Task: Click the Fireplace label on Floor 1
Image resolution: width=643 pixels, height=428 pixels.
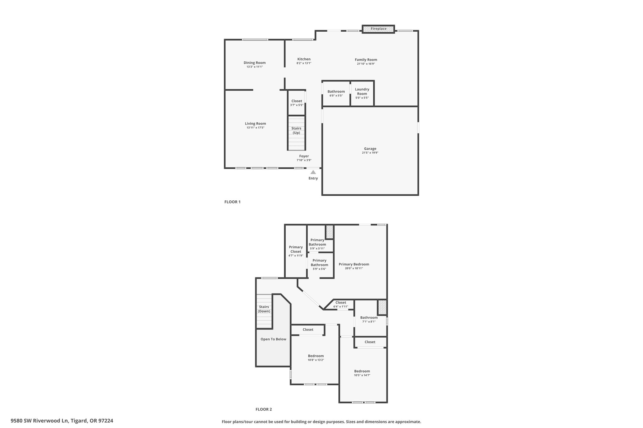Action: pyautogui.click(x=378, y=29)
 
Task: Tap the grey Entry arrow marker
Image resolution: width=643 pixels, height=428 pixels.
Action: pyautogui.click(x=313, y=172)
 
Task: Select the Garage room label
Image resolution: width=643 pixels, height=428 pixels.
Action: pyautogui.click(x=370, y=149)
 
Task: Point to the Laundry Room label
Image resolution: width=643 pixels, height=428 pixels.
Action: pyautogui.click(x=362, y=92)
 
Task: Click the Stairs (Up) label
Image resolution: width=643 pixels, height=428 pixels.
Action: pyautogui.click(x=296, y=130)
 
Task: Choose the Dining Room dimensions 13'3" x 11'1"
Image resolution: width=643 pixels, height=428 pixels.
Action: pyautogui.click(x=255, y=67)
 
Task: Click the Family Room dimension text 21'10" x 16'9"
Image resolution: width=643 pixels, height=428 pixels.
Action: pyautogui.click(x=366, y=64)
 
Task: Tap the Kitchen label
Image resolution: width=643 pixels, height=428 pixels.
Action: pyautogui.click(x=304, y=59)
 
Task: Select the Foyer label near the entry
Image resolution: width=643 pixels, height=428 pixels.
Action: pyautogui.click(x=304, y=156)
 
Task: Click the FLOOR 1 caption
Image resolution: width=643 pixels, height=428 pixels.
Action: pyautogui.click(x=232, y=202)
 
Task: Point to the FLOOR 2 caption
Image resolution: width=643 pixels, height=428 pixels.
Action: pyautogui.click(x=264, y=409)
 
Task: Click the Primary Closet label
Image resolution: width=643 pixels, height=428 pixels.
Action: pyautogui.click(x=296, y=249)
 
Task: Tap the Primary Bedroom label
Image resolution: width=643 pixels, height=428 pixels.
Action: pyautogui.click(x=354, y=264)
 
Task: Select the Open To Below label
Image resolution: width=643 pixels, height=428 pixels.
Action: pyautogui.click(x=273, y=339)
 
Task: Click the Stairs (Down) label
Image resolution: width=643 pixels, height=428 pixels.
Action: pyautogui.click(x=264, y=309)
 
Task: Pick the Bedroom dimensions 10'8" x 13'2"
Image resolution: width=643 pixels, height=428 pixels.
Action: pyautogui.click(x=316, y=360)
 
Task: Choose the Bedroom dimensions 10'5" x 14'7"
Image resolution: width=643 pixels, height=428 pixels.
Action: pyautogui.click(x=362, y=375)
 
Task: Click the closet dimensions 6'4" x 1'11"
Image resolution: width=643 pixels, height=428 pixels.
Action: pyautogui.click(x=341, y=307)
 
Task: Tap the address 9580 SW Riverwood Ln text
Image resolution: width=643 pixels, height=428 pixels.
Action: pyautogui.click(x=40, y=421)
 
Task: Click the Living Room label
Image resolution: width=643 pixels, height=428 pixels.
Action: pyautogui.click(x=256, y=124)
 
